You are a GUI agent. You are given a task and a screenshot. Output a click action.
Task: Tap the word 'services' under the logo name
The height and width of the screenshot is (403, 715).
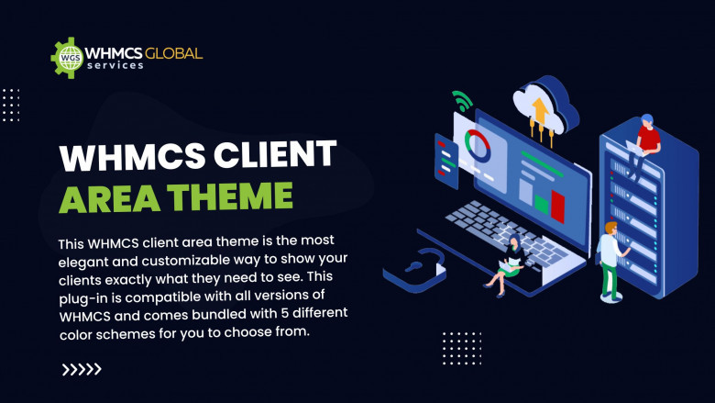(115, 66)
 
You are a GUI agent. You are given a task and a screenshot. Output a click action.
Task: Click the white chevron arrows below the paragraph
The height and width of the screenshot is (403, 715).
(82, 369)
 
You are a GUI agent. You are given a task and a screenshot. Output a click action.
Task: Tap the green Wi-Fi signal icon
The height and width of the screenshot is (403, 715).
(462, 101)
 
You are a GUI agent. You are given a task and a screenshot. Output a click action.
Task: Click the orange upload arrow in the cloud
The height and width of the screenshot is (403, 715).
(539, 113)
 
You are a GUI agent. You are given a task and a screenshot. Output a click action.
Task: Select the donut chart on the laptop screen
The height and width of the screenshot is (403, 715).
(478, 145)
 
